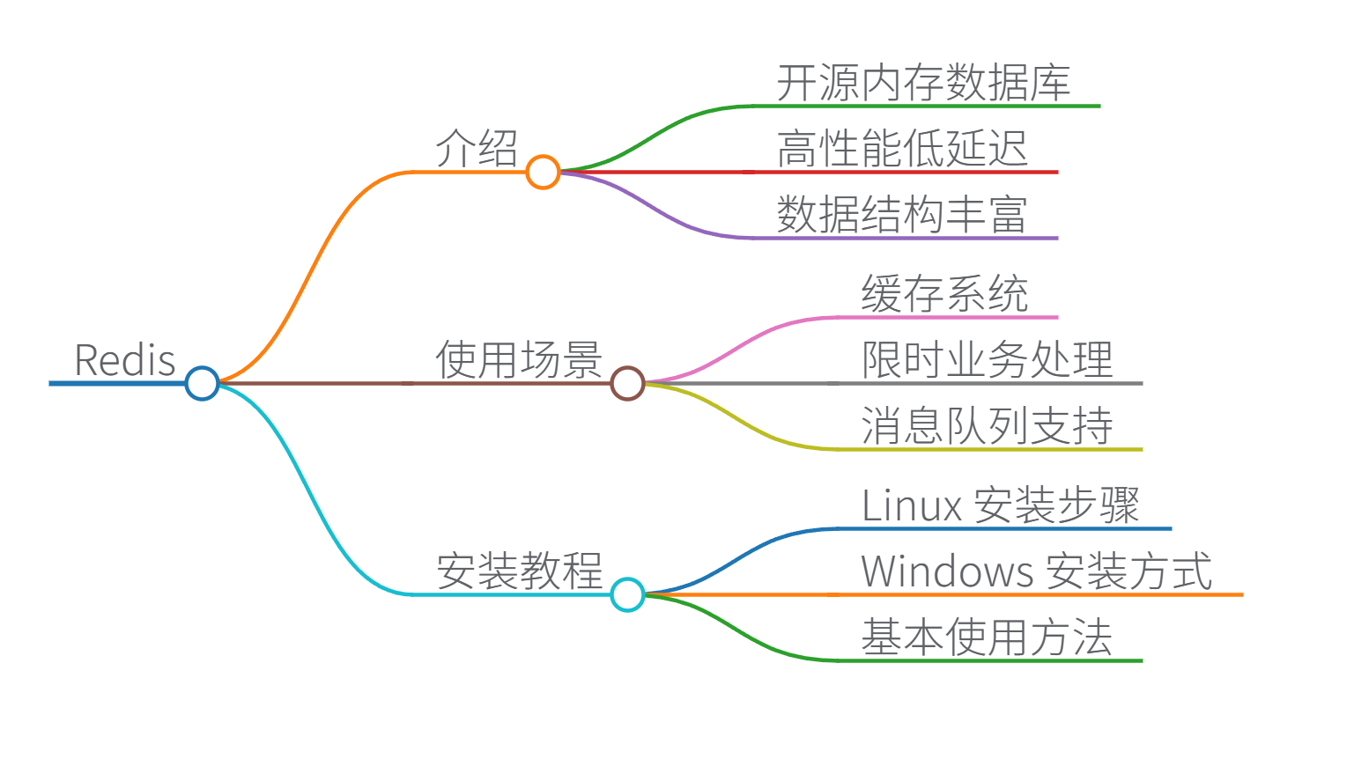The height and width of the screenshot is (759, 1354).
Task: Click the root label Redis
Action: click(125, 360)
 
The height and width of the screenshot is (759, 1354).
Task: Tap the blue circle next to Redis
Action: click(202, 383)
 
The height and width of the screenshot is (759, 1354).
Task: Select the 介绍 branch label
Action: click(477, 148)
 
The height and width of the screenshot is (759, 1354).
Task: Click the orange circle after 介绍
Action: click(543, 172)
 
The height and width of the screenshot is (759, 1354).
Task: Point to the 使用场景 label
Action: click(519, 360)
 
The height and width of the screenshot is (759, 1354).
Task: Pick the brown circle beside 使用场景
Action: click(627, 383)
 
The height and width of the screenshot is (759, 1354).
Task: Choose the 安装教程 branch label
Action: click(519, 571)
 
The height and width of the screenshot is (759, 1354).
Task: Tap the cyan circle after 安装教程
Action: click(627, 594)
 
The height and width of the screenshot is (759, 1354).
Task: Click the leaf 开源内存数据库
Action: click(923, 83)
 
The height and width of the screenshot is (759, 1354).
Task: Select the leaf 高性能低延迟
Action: click(902, 148)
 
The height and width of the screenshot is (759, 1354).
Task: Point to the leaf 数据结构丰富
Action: click(902, 214)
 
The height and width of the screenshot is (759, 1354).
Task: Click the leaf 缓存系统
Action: click(944, 293)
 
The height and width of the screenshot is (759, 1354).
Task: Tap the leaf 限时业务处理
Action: click(987, 360)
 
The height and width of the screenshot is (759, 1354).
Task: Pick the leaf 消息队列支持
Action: click(987, 425)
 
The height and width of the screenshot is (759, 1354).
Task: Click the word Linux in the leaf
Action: click(911, 505)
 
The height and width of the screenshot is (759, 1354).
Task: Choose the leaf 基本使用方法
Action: click(987, 637)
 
